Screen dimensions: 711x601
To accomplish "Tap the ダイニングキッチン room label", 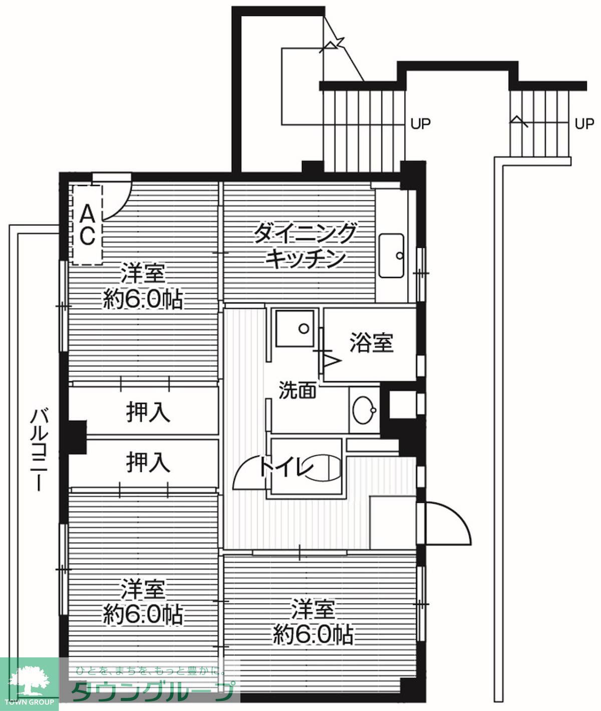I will (x=305, y=246).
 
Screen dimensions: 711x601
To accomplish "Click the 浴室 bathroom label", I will (x=371, y=343).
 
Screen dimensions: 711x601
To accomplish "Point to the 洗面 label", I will (x=297, y=390).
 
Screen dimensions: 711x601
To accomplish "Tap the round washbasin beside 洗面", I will (x=364, y=410).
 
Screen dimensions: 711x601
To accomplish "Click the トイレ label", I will (x=286, y=467).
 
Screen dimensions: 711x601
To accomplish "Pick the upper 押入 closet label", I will (x=148, y=413).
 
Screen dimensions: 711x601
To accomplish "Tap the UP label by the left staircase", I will (x=420, y=123).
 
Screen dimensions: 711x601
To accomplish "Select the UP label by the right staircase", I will (x=584, y=123).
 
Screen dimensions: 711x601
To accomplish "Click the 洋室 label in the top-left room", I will (x=143, y=275).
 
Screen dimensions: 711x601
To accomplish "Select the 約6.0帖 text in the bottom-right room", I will (x=313, y=635).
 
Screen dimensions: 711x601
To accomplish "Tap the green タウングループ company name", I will (x=152, y=692).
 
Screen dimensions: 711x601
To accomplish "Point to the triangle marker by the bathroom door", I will (x=332, y=359).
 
